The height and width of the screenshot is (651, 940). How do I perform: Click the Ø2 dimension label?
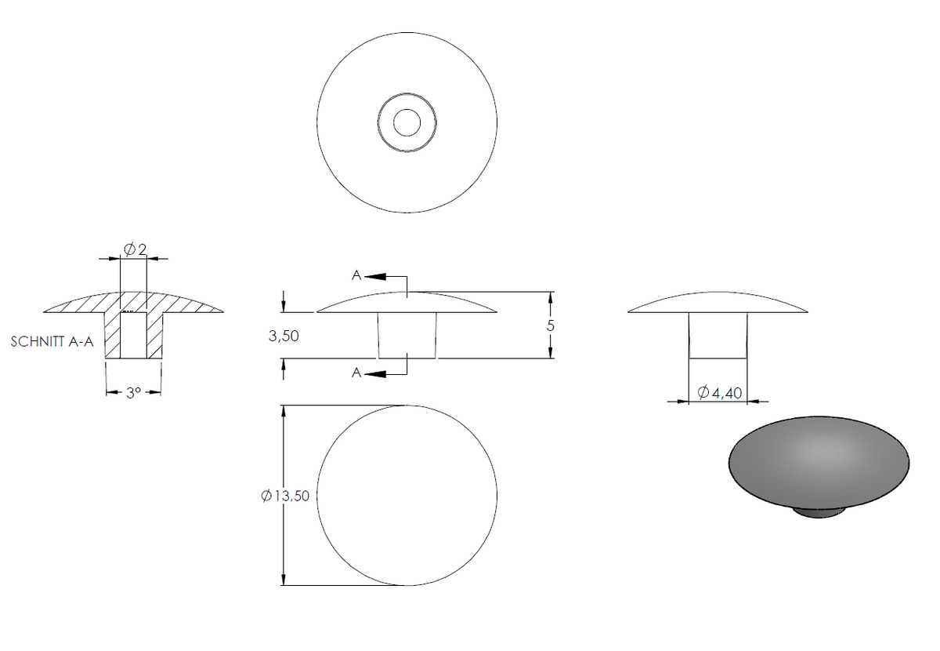[x=135, y=249]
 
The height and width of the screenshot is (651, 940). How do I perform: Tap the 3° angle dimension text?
[x=133, y=393]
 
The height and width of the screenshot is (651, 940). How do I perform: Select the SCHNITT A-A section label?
[x=52, y=342]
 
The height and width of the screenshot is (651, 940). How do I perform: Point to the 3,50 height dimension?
[x=284, y=336]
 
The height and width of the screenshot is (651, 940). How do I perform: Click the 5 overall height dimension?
[x=551, y=325]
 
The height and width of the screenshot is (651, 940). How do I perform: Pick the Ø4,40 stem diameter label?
[x=720, y=392]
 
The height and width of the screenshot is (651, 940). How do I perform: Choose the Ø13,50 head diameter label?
[x=285, y=496]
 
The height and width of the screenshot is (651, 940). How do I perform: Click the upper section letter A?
[x=356, y=275]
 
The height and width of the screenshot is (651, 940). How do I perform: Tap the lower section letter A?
[x=356, y=373]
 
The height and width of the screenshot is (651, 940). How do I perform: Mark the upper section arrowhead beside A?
[x=375, y=277]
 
